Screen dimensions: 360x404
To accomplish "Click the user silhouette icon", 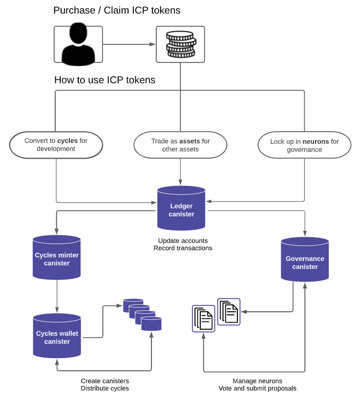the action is pyautogui.click(x=78, y=44).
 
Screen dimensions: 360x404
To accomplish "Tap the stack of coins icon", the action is pyautogui.click(x=181, y=44).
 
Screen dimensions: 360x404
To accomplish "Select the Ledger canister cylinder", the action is pyautogui.click(x=181, y=208).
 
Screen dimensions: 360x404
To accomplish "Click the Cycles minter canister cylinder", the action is pyautogui.click(x=57, y=258).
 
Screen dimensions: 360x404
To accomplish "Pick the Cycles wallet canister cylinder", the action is pyautogui.click(x=57, y=336).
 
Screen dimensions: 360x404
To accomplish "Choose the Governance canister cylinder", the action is pyautogui.click(x=305, y=260).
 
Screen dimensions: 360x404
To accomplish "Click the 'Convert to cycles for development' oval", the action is pyautogui.click(x=56, y=145).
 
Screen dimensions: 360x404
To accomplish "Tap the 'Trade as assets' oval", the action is pyautogui.click(x=181, y=145).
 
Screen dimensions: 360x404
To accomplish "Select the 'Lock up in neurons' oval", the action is pyautogui.click(x=304, y=145).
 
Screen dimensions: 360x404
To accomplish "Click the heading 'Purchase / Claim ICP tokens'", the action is pyautogui.click(x=117, y=11).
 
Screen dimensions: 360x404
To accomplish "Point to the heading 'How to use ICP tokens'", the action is pyautogui.click(x=105, y=80).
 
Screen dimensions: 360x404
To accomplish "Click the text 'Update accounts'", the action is pyautogui.click(x=183, y=241).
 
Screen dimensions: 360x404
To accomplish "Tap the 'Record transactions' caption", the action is pyautogui.click(x=183, y=248).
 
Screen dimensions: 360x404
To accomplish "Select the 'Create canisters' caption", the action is pyautogui.click(x=105, y=381).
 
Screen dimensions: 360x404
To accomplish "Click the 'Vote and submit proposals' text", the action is pyautogui.click(x=257, y=388).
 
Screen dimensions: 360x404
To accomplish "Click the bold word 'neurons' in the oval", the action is pyautogui.click(x=316, y=141).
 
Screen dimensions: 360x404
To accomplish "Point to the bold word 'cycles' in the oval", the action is pyautogui.click(x=67, y=141).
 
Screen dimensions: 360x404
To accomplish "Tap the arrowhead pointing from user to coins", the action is pyautogui.click(x=153, y=44).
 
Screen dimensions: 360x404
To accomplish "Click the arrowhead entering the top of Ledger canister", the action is pyautogui.click(x=180, y=182).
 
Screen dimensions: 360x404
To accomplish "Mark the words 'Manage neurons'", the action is pyautogui.click(x=257, y=381).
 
